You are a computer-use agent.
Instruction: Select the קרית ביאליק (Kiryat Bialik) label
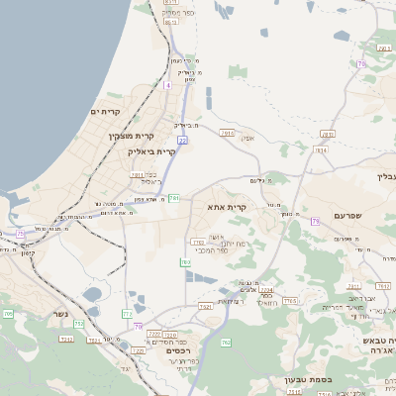pos(151,151)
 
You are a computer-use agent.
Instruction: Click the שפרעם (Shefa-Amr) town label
pos(346,215)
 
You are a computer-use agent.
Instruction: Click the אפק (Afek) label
pos(247,138)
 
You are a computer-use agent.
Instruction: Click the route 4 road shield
pos(167,86)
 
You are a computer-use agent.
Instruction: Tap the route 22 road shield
pos(182,141)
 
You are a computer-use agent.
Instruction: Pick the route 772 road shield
pos(127,314)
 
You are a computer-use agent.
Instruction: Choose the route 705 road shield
pos(7,314)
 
